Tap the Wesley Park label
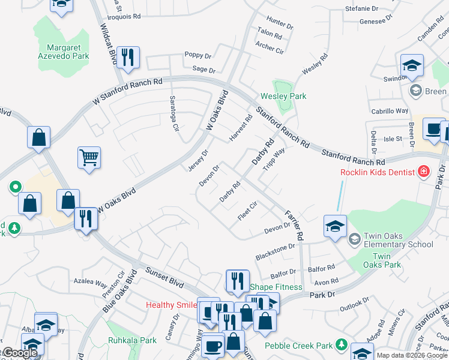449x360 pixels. (283, 96)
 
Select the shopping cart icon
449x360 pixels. (89, 158)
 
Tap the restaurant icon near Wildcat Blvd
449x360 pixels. (128, 58)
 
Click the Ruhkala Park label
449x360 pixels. (132, 340)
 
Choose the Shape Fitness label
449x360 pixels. (276, 287)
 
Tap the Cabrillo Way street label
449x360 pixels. (390, 111)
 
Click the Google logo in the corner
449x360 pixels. (19, 353)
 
